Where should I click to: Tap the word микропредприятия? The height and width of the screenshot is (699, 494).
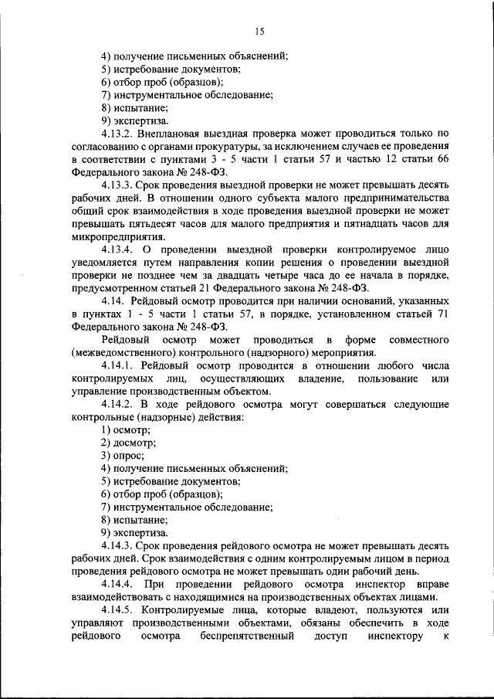[x=117, y=239]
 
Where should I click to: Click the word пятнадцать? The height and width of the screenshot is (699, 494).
[x=362, y=226]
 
